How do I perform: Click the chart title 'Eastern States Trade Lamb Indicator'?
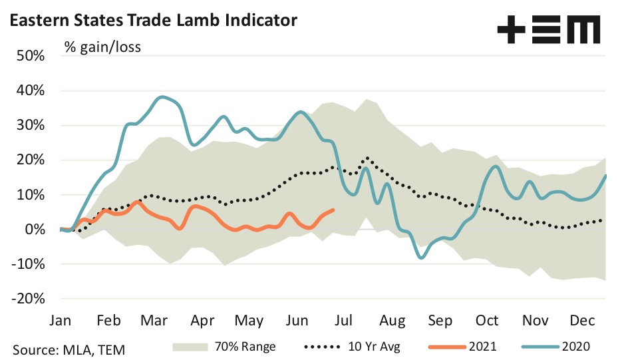coord(152,21)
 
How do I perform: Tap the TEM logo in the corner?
coord(549,30)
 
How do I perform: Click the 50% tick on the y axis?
coord(31,56)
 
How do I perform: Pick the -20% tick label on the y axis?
coord(28,299)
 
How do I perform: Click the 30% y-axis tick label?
coord(31,125)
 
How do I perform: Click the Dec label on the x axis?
coord(583,321)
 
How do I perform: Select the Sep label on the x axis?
coord(440,321)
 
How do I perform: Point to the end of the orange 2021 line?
coord(333,210)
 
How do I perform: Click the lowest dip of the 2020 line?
coord(421,258)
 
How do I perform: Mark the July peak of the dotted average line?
coord(367,158)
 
